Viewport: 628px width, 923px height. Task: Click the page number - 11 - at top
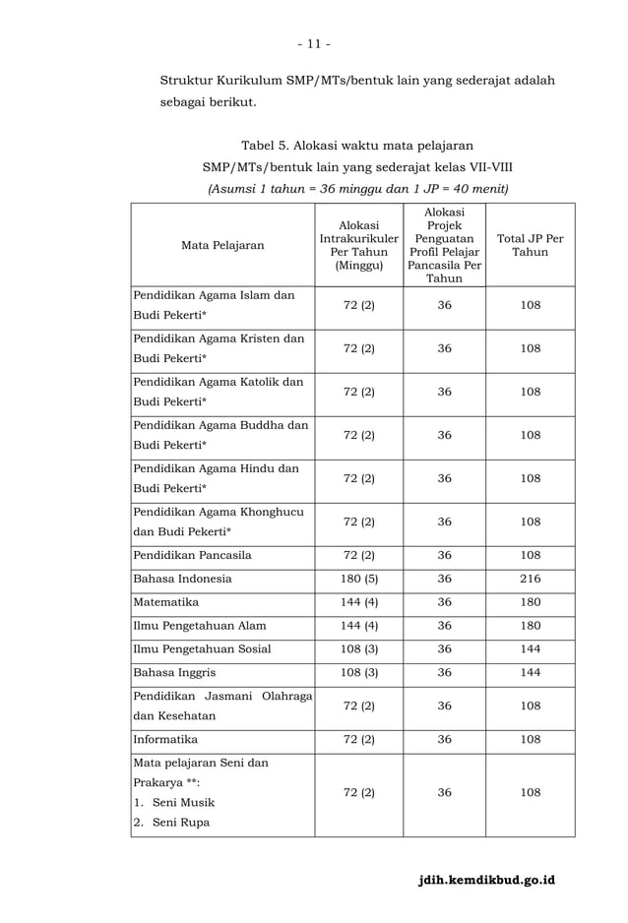313,43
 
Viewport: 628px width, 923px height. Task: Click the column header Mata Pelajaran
221,245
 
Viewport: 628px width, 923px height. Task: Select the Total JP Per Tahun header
530,245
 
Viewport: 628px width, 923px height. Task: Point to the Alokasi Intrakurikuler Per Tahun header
358,245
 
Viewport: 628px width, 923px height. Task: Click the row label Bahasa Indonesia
182,578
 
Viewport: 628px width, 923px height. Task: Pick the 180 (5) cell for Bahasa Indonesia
358,578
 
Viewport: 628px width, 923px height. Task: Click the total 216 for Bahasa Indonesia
530,578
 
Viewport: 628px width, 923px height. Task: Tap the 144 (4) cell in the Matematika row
358,601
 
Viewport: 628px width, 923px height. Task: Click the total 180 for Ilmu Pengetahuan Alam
530,625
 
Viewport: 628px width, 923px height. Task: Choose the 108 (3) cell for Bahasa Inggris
358,672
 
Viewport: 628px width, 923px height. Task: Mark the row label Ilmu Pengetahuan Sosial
202,648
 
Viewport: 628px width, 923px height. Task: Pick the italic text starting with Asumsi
355,188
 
